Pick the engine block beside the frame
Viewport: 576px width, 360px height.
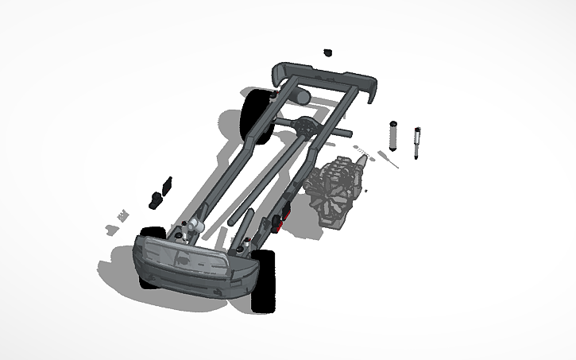[337, 192]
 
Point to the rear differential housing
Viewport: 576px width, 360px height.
[307, 126]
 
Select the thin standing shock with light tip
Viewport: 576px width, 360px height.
[416, 142]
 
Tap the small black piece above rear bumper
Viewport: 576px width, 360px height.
[327, 53]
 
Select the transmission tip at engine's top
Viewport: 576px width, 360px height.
[362, 160]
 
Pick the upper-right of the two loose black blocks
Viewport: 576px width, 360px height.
[168, 184]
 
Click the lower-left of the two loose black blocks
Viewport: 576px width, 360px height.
[155, 197]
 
